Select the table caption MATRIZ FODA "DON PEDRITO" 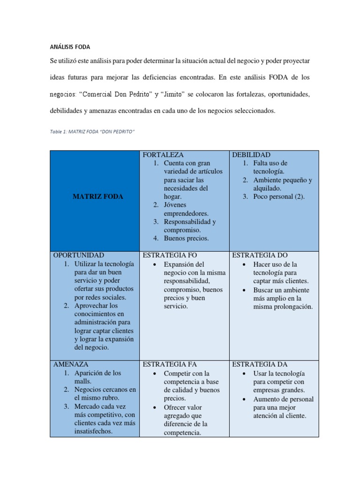92,132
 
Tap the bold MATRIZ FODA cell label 97,196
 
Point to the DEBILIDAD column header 251,155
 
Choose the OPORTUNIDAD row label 79,255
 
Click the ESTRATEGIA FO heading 170,255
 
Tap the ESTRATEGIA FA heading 169,364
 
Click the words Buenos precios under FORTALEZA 186,239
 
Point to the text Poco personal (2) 279,196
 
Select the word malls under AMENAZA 83,382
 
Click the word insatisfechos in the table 93,432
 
